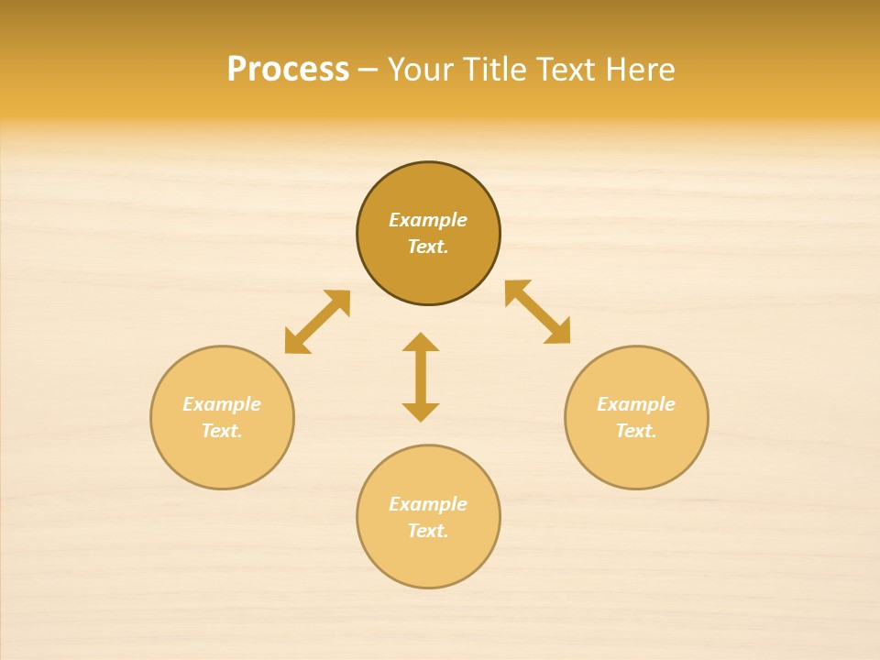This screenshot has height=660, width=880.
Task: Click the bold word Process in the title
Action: [288, 70]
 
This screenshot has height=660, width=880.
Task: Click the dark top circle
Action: [428, 188]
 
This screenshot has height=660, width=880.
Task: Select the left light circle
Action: [222, 458]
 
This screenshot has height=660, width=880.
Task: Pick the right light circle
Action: [636, 458]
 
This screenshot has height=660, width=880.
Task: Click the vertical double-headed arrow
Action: [421, 377]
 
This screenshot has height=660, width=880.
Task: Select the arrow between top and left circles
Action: [317, 322]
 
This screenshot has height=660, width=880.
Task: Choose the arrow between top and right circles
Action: [538, 312]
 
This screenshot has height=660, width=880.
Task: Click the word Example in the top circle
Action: [428, 220]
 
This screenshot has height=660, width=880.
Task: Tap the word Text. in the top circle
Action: [428, 247]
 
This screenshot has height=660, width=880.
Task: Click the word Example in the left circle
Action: [222, 404]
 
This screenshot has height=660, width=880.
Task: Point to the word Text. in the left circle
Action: [222, 431]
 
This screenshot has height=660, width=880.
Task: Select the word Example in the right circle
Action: [636, 404]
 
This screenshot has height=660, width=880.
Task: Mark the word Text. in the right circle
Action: [636, 431]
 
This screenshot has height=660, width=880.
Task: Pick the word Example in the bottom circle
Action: [428, 504]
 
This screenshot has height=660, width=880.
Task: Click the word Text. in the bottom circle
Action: [428, 531]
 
